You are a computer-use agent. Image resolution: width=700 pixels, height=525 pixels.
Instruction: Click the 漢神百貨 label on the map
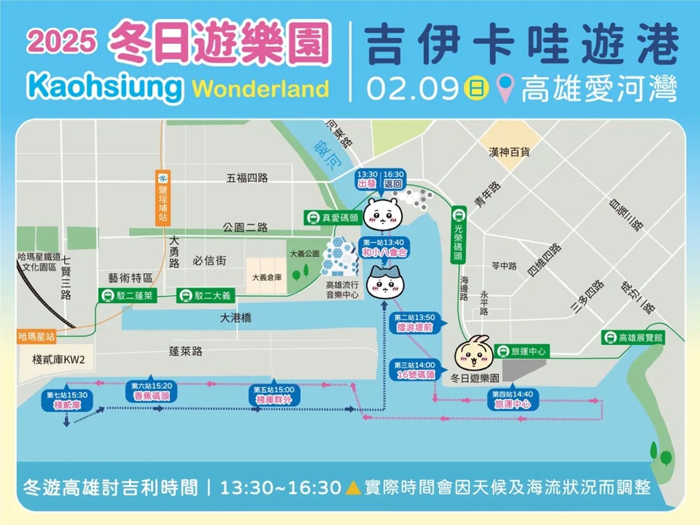[x=510, y=152]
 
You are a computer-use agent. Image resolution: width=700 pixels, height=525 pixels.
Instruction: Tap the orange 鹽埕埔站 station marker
[x=163, y=197]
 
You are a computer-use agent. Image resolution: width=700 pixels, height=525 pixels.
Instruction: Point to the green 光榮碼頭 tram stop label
[x=458, y=234]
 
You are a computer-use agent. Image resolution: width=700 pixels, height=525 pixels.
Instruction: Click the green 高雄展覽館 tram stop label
[x=634, y=337]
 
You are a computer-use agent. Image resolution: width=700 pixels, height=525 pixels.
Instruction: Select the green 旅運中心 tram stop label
[x=521, y=351]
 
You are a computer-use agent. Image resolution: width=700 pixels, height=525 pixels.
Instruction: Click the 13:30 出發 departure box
[x=367, y=179]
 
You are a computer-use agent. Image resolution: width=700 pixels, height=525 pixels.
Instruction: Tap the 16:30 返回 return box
[x=393, y=179]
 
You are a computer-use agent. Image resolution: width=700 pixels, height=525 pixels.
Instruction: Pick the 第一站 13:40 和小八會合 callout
[x=384, y=248]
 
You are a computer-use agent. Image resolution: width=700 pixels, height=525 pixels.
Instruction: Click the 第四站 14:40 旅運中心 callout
[x=512, y=399]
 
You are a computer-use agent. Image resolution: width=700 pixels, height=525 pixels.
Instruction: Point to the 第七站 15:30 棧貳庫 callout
[x=66, y=400]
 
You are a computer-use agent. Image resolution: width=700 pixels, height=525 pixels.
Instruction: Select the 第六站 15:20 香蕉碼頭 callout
[x=151, y=391]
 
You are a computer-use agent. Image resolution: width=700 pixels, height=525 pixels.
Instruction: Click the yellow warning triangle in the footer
[x=353, y=488]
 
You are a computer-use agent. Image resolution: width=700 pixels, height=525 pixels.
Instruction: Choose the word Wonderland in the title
[x=260, y=88]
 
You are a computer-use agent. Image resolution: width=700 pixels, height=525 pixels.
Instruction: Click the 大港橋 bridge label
[x=235, y=318]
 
